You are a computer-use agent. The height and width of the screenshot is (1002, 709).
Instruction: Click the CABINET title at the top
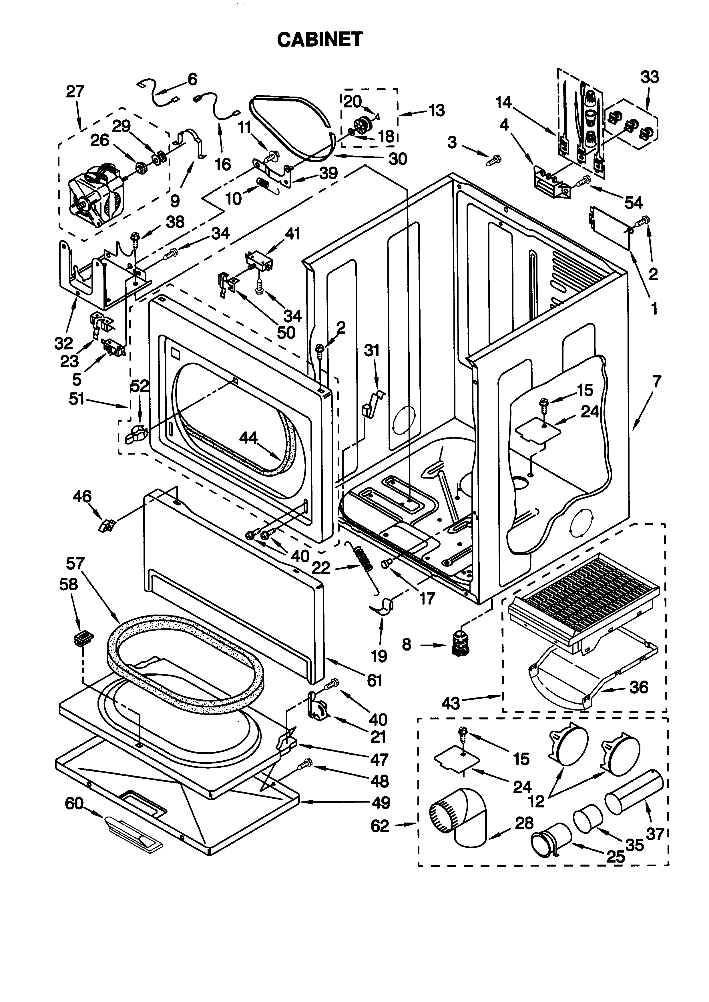pos(320,39)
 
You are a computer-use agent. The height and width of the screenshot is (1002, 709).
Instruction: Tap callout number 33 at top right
pos(650,77)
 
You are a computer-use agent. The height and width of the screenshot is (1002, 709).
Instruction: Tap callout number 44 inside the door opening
pos(248,438)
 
